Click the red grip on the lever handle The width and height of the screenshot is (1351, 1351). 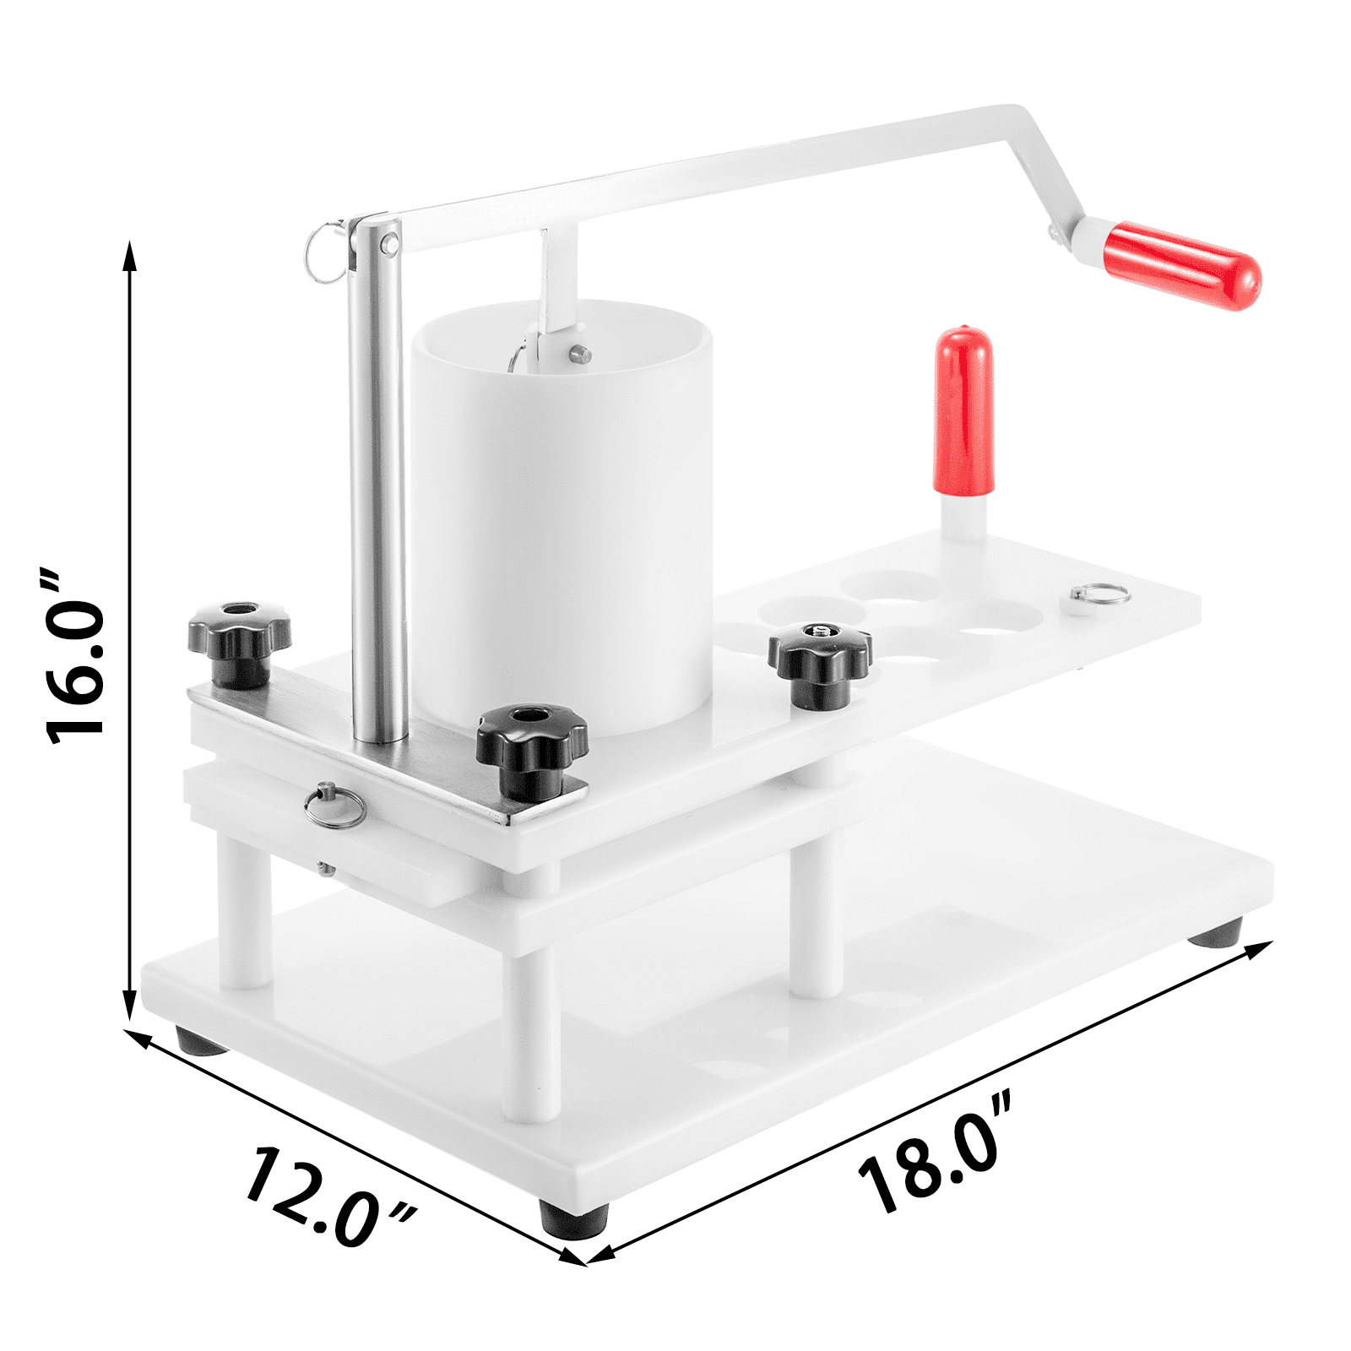[1182, 265]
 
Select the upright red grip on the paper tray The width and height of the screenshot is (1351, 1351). [963, 410]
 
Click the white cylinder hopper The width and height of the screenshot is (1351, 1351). [562, 524]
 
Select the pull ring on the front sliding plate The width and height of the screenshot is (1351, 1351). [335, 806]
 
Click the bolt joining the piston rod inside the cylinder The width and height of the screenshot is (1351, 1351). [579, 353]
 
